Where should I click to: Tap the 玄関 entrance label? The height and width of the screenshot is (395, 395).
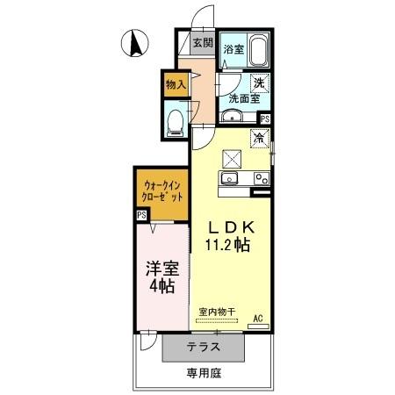[x=202, y=41]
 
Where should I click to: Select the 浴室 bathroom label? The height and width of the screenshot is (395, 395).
[x=233, y=51]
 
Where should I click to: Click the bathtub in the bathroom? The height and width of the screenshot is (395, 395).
[x=258, y=50]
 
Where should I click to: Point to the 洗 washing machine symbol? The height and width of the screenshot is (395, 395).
[x=260, y=84]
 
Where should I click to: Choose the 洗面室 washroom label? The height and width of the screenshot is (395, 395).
[x=244, y=99]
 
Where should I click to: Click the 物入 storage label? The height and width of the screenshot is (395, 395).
[x=176, y=84]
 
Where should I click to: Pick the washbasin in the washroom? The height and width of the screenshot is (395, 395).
[x=234, y=118]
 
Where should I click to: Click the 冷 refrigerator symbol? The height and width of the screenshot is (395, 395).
[x=260, y=137]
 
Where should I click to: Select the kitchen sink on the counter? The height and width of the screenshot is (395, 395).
[x=231, y=178]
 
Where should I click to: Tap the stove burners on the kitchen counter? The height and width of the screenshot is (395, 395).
[x=261, y=178]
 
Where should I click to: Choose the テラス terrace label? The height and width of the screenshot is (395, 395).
[x=203, y=348]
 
